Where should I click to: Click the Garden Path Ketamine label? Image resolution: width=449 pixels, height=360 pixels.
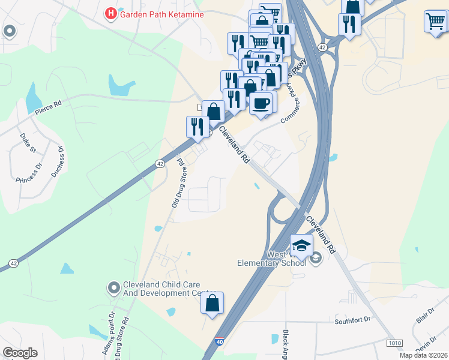[161, 13]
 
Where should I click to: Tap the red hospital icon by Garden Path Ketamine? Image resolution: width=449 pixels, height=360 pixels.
[111, 13]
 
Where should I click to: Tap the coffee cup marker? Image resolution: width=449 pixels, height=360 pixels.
[261, 103]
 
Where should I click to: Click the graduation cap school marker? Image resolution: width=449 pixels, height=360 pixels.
[301, 245]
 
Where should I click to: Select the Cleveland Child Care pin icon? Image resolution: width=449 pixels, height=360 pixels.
[114, 289]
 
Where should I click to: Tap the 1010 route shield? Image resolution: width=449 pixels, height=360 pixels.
[394, 343]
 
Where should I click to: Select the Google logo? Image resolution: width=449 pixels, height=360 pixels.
[20, 353]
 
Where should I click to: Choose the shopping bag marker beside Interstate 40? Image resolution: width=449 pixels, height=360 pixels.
[212, 302]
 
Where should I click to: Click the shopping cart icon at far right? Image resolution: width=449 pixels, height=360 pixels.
[435, 21]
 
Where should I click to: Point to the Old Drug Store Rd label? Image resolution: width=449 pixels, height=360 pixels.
[177, 182]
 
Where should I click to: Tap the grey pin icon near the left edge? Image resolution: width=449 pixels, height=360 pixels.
[10, 31]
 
